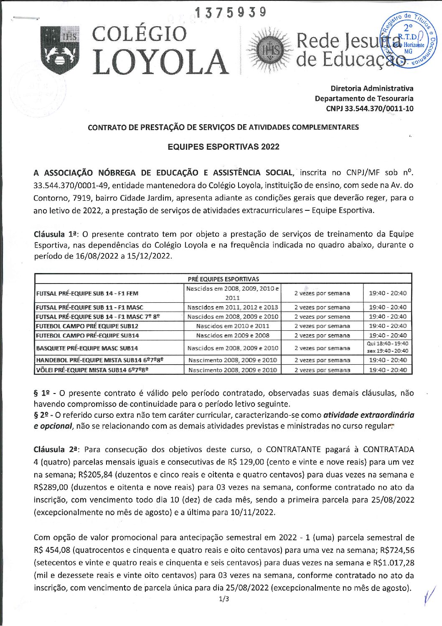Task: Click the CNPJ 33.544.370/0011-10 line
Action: coord(369,109)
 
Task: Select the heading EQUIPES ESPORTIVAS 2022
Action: coord(223,147)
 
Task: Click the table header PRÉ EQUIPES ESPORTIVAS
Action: coord(223,279)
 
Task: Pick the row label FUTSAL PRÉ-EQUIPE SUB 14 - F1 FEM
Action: coord(87,294)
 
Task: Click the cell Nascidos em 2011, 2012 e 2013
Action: coord(232,307)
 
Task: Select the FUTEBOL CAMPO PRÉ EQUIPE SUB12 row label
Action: coord(87,326)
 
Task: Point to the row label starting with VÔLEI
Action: coord(92,370)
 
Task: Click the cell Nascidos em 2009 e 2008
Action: coord(232,335)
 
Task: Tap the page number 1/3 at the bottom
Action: coord(224,599)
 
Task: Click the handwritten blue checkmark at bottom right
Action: coord(428,594)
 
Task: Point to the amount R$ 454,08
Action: coord(51,550)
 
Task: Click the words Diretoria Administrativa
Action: coord(371,88)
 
